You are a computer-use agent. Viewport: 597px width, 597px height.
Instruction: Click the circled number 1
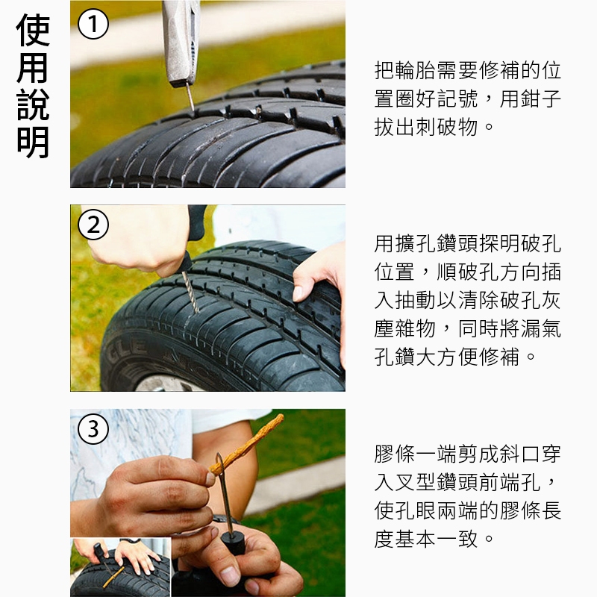(x=93, y=24)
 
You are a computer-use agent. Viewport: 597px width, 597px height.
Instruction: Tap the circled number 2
(x=93, y=225)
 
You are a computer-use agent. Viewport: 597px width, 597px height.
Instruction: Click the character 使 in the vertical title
(x=33, y=30)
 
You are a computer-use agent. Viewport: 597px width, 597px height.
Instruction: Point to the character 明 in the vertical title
(x=33, y=143)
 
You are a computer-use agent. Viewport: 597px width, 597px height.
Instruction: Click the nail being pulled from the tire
(x=190, y=97)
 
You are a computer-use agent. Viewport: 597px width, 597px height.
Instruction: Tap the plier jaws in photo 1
(x=181, y=42)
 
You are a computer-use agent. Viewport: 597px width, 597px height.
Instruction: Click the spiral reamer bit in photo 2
(x=190, y=292)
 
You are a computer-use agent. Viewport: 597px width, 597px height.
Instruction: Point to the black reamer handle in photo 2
(x=193, y=237)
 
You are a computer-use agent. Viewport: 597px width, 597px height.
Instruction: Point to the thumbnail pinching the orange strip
(x=210, y=478)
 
